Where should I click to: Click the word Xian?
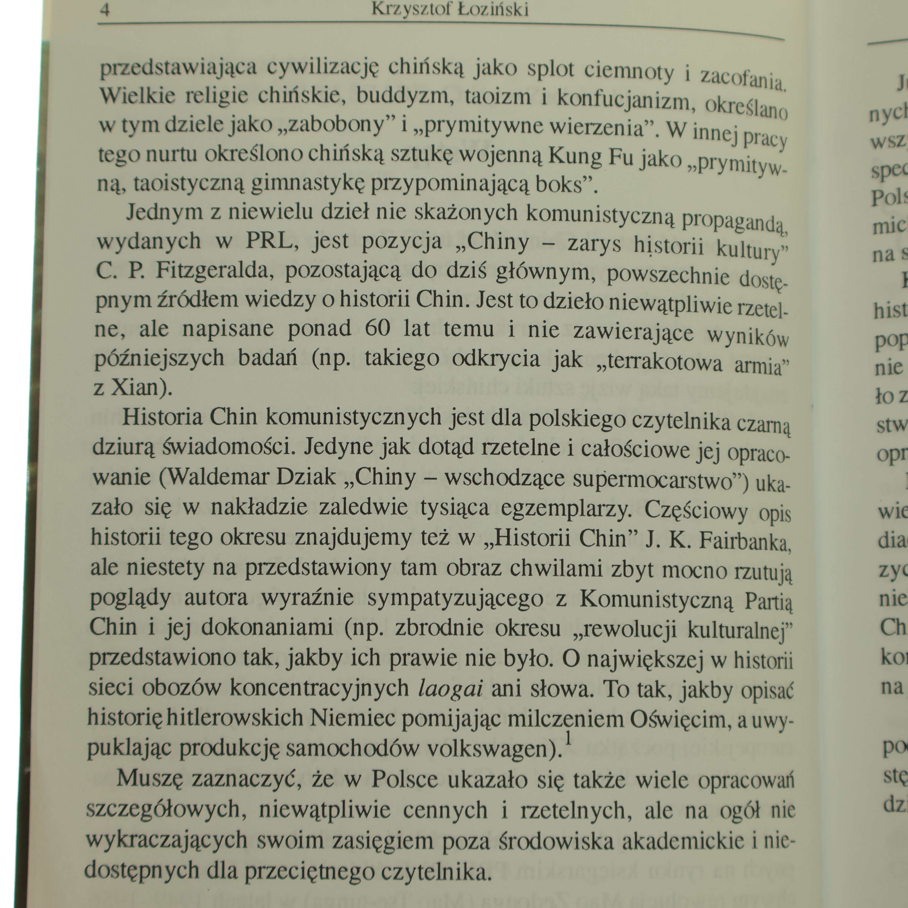pos(138,388)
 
